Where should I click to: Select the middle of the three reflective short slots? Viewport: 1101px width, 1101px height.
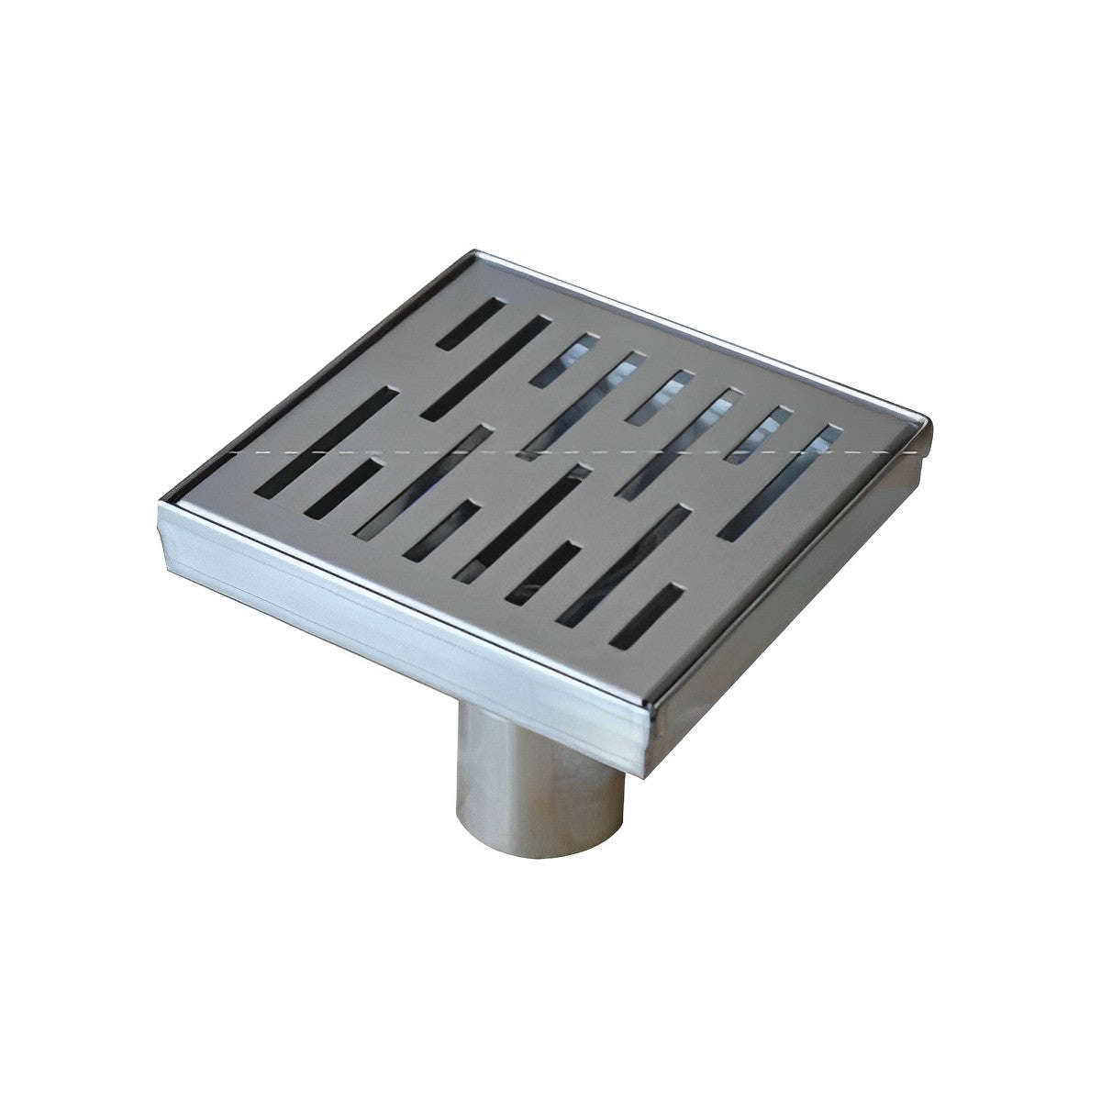(x=661, y=396)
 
